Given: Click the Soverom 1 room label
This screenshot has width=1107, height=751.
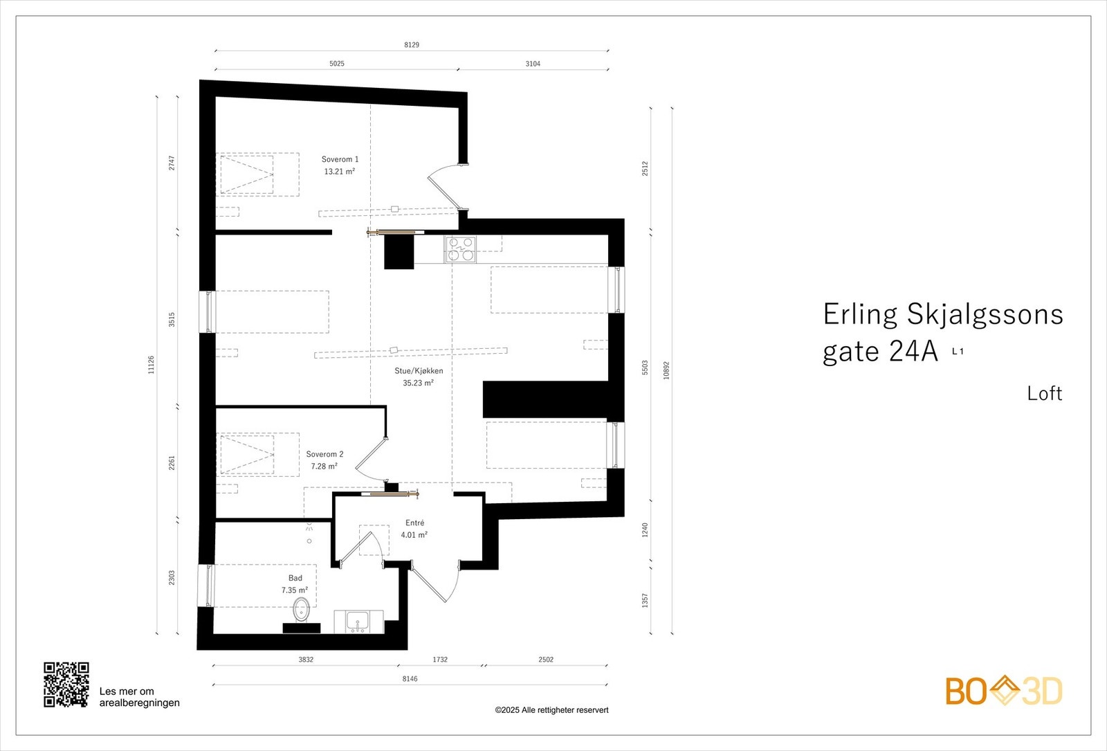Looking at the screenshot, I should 340,159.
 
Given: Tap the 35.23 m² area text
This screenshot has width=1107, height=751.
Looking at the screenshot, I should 418,383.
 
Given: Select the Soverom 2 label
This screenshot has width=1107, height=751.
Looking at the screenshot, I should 324,455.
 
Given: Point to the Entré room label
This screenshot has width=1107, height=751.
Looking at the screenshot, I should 414,523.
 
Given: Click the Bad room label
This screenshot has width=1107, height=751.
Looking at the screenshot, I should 295,578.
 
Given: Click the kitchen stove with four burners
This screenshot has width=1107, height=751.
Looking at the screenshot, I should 460,249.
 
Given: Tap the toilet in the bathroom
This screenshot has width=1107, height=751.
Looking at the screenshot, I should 301,610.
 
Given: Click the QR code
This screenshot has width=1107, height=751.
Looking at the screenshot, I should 66,685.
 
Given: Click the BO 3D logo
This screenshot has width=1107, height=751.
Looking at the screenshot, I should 1003,691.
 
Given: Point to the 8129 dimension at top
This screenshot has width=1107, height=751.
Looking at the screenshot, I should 412,45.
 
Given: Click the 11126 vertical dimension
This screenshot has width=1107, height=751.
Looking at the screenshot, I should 152,365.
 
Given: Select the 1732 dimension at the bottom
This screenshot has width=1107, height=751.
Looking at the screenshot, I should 440,660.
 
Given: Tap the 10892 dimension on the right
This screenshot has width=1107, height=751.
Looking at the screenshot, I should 666,370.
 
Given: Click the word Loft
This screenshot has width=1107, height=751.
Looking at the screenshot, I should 1044,394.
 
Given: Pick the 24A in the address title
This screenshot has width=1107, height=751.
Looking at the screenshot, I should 913,352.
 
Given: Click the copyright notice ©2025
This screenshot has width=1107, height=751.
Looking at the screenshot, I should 551,710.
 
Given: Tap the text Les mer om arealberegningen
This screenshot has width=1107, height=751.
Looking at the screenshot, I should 139,697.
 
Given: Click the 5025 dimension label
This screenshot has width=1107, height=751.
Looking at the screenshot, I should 336,64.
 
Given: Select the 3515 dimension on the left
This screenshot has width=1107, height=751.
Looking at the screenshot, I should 172,319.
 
